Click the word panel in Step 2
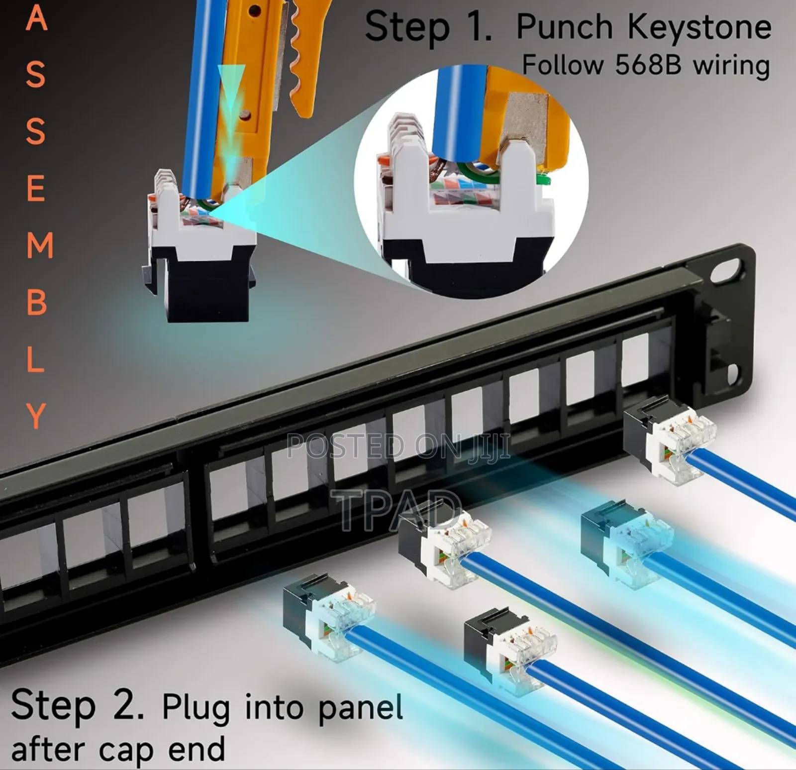[x=360, y=707]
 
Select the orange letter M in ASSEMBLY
[x=39, y=245]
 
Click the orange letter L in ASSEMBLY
[x=35, y=359]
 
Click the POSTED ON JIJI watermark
[x=398, y=446]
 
